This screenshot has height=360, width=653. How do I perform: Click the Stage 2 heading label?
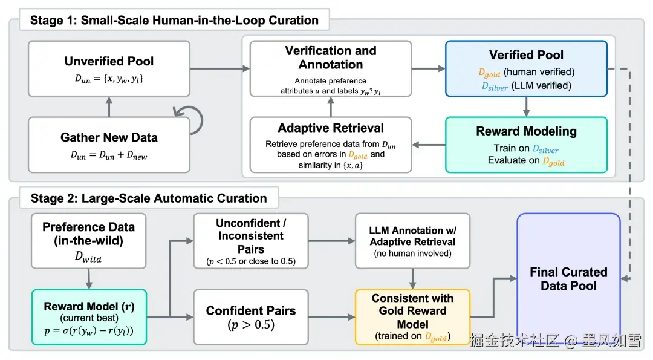(148, 198)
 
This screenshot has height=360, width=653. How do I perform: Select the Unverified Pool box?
(109, 68)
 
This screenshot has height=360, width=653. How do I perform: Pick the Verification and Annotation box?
(331, 68)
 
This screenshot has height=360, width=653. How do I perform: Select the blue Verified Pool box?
(526, 68)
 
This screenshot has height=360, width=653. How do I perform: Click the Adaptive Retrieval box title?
(331, 128)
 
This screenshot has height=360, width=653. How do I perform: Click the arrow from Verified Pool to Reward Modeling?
(526, 106)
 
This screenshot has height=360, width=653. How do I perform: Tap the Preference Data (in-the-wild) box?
(88, 240)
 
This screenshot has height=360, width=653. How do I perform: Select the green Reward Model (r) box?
(88, 316)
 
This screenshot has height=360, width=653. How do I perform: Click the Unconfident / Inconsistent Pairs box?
(250, 240)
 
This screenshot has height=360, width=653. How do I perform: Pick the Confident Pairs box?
(250, 316)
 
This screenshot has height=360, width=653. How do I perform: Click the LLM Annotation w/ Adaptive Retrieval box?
(412, 240)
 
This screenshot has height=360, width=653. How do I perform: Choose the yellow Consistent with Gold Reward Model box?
(412, 316)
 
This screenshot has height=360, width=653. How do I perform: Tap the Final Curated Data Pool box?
(568, 278)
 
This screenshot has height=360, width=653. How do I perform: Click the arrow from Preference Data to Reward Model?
(88, 279)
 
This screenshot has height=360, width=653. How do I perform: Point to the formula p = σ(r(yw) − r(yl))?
(88, 330)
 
